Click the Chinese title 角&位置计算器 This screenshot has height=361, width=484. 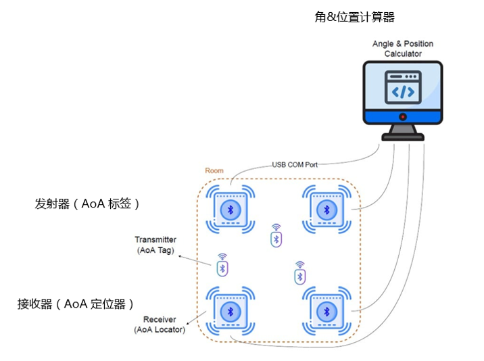click(x=354, y=18)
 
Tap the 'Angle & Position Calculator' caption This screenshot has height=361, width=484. click(x=403, y=49)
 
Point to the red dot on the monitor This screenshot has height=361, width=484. click(x=403, y=116)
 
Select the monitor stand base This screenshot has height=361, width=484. click(x=403, y=137)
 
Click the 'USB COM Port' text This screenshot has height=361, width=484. click(x=295, y=164)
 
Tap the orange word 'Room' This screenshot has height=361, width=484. click(x=214, y=171)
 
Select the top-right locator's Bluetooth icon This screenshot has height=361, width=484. click(x=325, y=210)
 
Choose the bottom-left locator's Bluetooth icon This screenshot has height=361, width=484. click(x=229, y=311)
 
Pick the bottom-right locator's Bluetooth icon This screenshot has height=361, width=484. click(x=325, y=311)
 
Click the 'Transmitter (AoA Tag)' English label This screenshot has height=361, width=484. click(x=155, y=245)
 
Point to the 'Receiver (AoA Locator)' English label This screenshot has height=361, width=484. click(x=160, y=324)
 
